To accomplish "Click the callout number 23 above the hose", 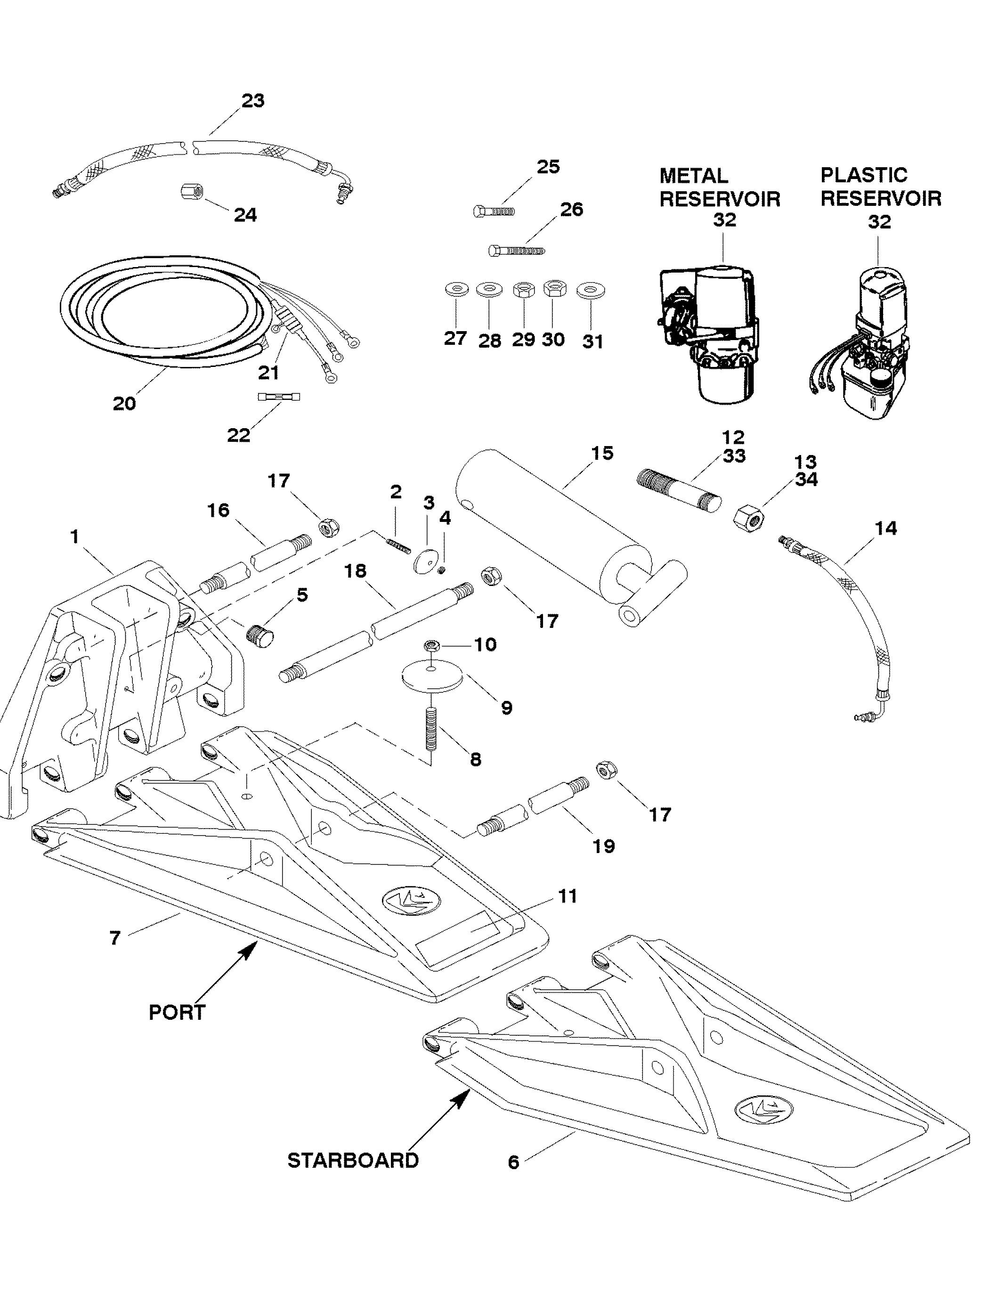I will coord(253,101).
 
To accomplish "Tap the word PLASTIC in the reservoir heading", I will coord(864,175).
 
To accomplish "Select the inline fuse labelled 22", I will coord(279,396).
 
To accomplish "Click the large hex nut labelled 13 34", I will coord(749,518).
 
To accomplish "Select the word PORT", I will coord(177,1012).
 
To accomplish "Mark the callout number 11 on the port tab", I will coord(567,896).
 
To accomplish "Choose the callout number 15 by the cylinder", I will coord(602,453).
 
